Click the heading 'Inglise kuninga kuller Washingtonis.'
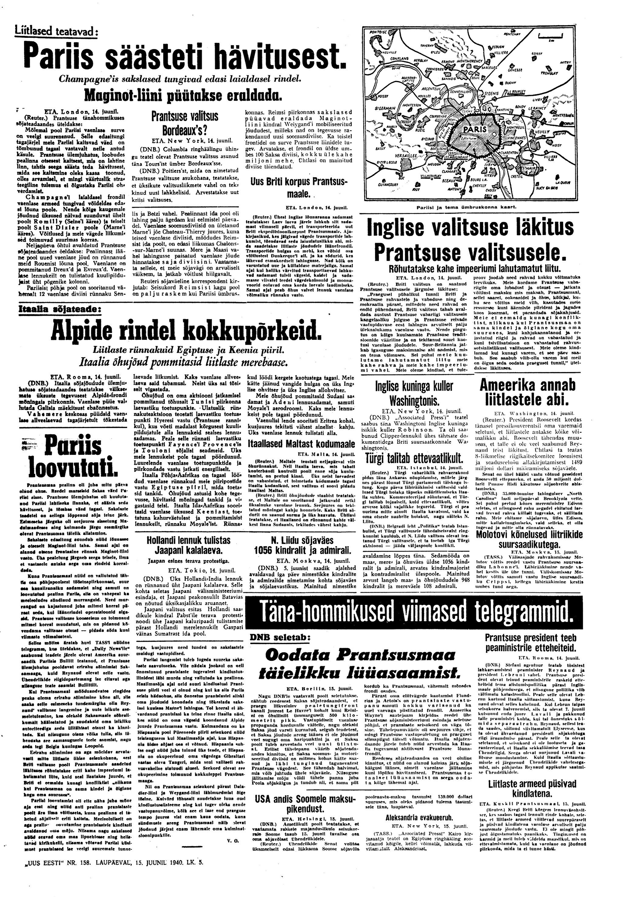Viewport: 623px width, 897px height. [414, 393]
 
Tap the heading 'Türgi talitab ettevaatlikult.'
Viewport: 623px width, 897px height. [414, 458]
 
